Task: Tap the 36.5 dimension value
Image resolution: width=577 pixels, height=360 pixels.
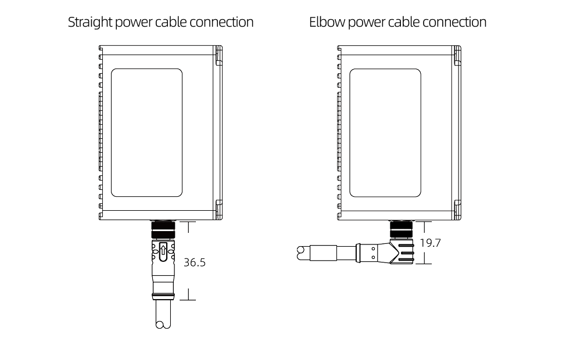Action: point(195,262)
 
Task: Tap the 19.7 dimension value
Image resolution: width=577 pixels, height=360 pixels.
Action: point(430,243)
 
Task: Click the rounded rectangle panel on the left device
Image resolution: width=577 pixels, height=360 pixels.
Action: point(146,133)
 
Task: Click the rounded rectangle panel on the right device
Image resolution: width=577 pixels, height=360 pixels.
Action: point(386,133)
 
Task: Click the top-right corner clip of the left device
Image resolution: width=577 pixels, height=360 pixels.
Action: point(218,56)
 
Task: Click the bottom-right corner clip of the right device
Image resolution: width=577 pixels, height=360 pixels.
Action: point(457,208)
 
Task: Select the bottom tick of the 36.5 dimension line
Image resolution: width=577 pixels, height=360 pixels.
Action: point(188,300)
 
